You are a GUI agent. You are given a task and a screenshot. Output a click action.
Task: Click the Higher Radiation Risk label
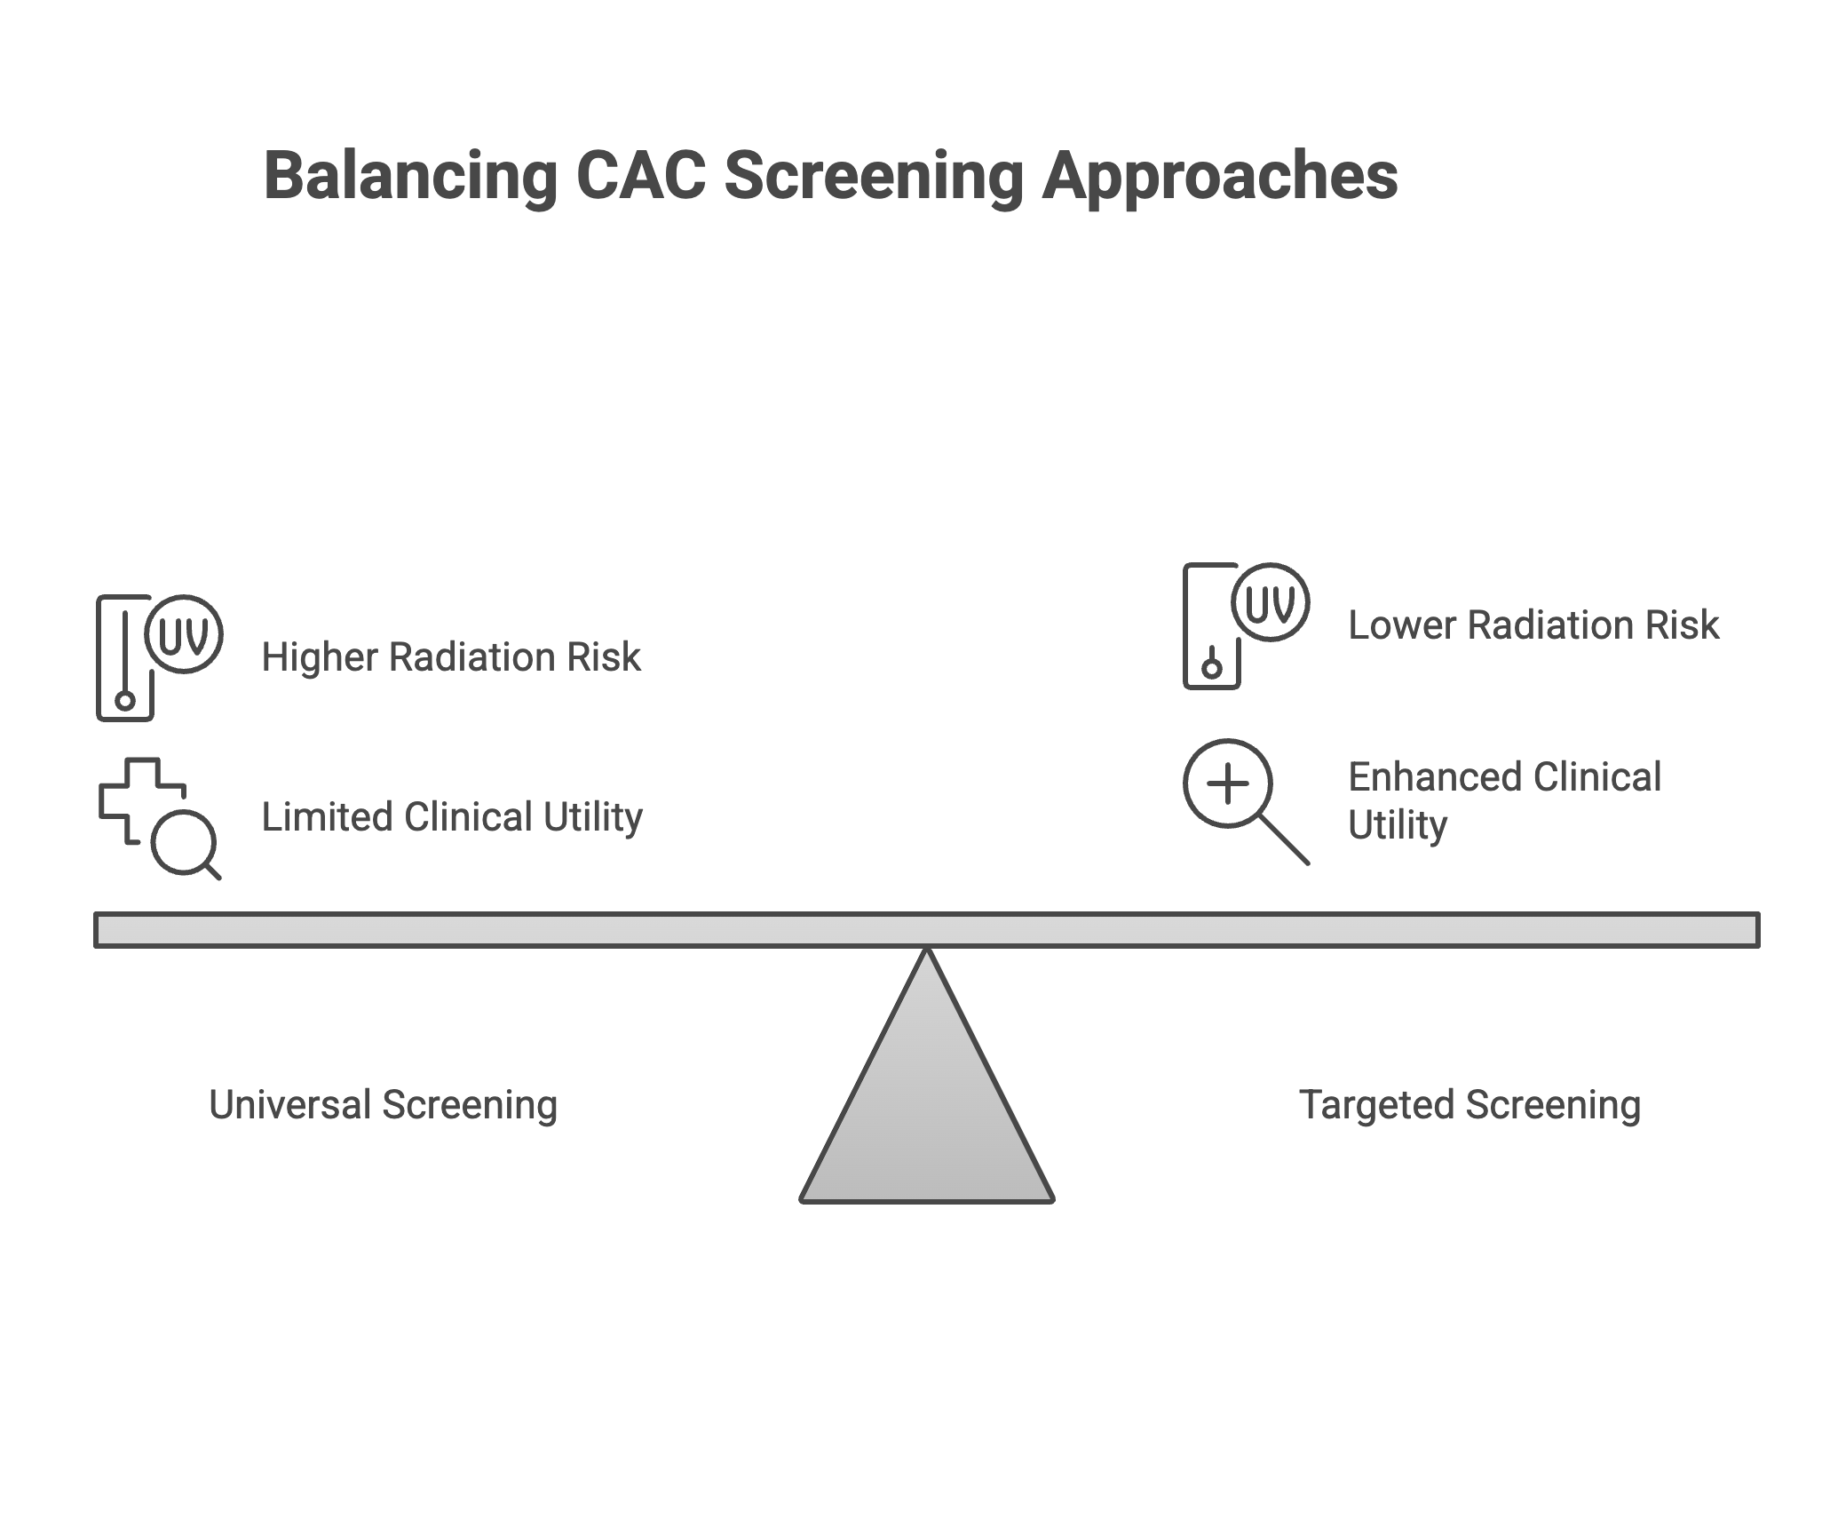[451, 658]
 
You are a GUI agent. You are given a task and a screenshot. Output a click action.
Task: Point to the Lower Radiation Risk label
[1533, 625]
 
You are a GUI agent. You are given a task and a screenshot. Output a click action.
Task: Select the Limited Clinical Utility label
[451, 817]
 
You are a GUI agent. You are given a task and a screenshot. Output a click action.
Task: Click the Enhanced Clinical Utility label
[1504, 800]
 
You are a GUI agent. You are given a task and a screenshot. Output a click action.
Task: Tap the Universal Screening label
[383, 1106]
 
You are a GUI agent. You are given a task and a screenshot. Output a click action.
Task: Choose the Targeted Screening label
[1469, 1106]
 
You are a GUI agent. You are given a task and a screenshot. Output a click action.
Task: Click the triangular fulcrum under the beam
[927, 1110]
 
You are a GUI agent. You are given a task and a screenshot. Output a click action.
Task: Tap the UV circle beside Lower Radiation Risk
[1271, 603]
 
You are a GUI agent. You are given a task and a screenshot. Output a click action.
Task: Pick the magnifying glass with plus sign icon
[1229, 784]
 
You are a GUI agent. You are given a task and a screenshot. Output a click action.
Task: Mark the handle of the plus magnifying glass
[1286, 840]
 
